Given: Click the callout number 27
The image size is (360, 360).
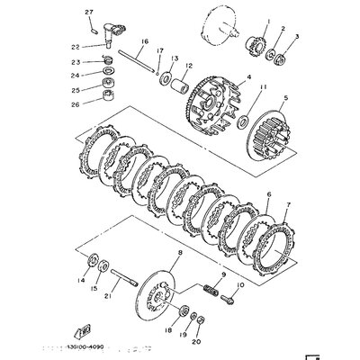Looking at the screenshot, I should (88, 11).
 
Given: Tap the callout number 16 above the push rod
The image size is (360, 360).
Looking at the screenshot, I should (144, 42).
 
